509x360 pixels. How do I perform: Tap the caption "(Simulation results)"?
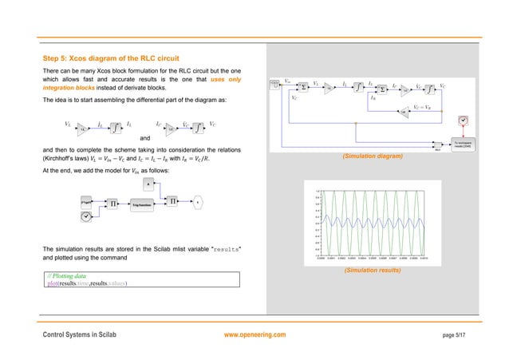click(373, 271)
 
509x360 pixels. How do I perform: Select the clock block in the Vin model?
click(88, 216)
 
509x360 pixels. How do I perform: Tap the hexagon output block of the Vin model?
click(195, 204)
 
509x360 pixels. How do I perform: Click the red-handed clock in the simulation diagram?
click(461, 121)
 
